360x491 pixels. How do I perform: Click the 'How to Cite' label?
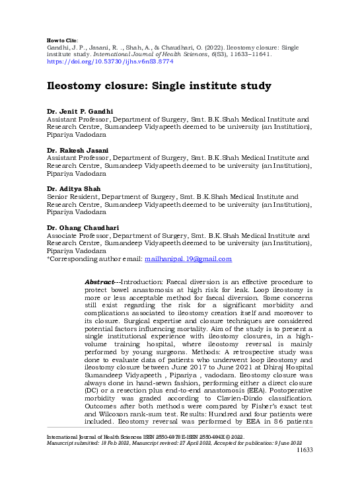63,40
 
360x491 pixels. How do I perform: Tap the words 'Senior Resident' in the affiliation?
71,197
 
